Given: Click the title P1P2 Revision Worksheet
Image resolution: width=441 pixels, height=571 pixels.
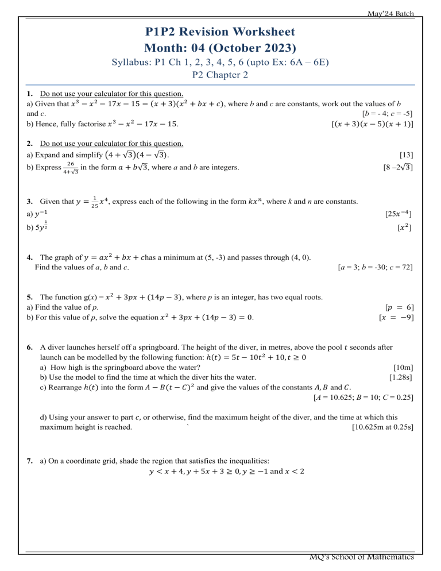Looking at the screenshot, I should (x=220, y=32).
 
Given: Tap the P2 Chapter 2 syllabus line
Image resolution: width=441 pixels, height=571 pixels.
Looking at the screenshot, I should (x=220, y=74).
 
